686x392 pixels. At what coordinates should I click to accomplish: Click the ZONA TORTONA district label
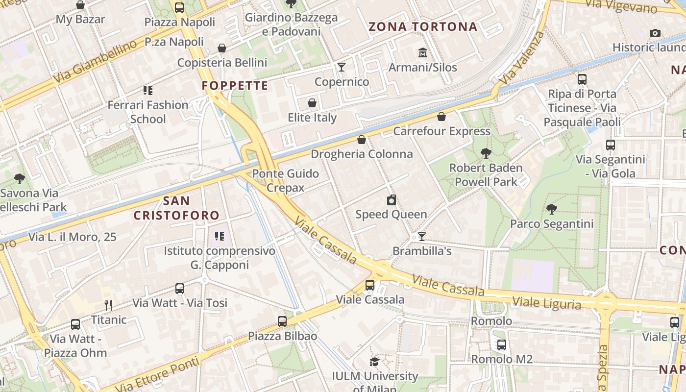(423, 26)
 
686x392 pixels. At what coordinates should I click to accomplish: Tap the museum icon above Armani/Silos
(422, 52)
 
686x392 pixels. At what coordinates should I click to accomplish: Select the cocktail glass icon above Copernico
(342, 67)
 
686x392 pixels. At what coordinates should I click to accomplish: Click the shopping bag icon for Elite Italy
(312, 103)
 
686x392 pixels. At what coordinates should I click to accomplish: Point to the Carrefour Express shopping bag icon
(441, 117)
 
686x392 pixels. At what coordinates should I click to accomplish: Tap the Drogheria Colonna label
(362, 154)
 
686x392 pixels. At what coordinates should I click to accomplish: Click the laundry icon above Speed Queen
(391, 200)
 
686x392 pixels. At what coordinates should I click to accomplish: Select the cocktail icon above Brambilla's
(421, 237)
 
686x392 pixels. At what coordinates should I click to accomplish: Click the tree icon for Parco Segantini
(552, 209)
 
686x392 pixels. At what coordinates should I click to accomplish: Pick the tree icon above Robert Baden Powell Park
(486, 153)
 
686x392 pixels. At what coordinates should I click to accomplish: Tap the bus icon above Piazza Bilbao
(282, 321)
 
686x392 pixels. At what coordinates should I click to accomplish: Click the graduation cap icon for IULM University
(375, 362)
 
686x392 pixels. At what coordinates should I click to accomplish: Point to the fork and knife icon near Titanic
(108, 305)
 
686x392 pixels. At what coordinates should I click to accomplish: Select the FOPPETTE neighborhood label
(235, 86)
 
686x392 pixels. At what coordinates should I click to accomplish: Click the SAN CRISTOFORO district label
(176, 208)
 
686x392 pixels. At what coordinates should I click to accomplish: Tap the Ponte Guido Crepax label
(285, 180)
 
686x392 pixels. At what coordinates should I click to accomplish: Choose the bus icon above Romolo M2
(502, 344)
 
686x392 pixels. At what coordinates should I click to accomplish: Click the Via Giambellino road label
(95, 62)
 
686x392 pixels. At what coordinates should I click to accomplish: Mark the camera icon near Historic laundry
(655, 33)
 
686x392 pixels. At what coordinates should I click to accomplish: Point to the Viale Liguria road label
(547, 303)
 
